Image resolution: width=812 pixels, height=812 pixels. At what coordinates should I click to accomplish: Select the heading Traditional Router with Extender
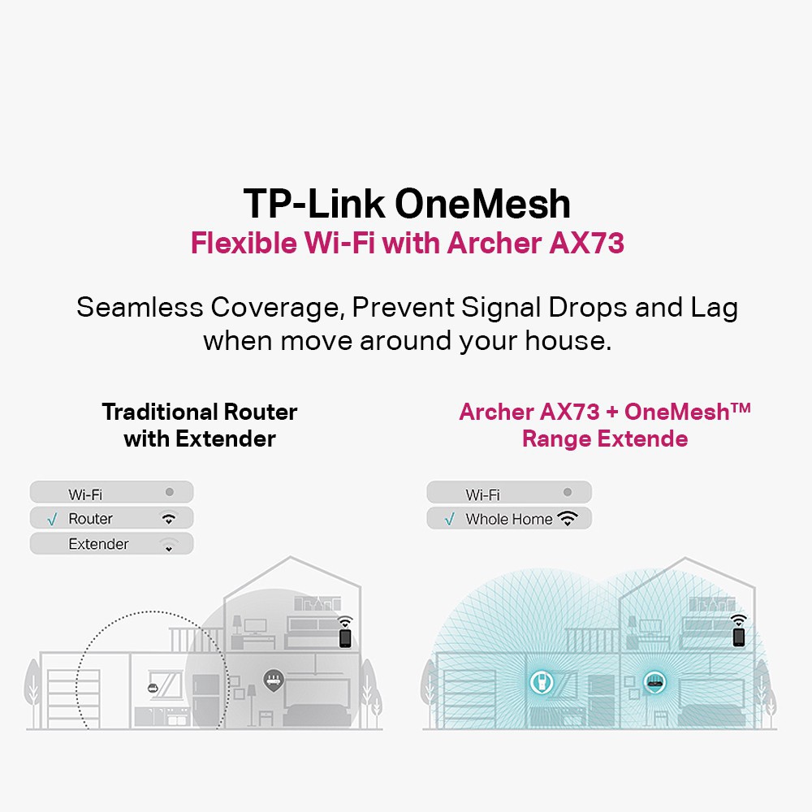[x=200, y=425]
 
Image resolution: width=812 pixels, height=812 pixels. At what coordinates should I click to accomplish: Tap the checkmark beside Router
[x=52, y=519]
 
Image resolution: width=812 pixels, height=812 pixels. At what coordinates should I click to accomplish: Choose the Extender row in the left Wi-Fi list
[x=111, y=544]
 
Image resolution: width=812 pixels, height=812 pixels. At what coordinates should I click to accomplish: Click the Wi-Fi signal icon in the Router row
[x=169, y=518]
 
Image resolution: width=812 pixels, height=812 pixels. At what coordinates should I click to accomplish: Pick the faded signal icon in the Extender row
[x=168, y=543]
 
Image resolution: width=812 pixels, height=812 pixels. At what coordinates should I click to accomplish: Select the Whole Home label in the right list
[x=508, y=519]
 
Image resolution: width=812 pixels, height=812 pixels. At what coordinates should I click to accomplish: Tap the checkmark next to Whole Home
[x=450, y=519]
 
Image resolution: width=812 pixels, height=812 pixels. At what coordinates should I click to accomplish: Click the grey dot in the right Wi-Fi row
[x=568, y=492]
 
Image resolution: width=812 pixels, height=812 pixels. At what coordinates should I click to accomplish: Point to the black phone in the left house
[x=345, y=637]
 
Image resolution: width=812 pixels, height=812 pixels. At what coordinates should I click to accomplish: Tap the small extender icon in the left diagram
[x=152, y=689]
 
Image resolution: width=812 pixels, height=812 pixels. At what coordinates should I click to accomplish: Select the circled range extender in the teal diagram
[x=537, y=684]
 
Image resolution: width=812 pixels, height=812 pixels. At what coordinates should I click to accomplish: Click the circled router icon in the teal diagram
[x=653, y=682]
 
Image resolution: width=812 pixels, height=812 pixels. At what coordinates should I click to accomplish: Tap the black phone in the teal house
[x=738, y=637]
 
